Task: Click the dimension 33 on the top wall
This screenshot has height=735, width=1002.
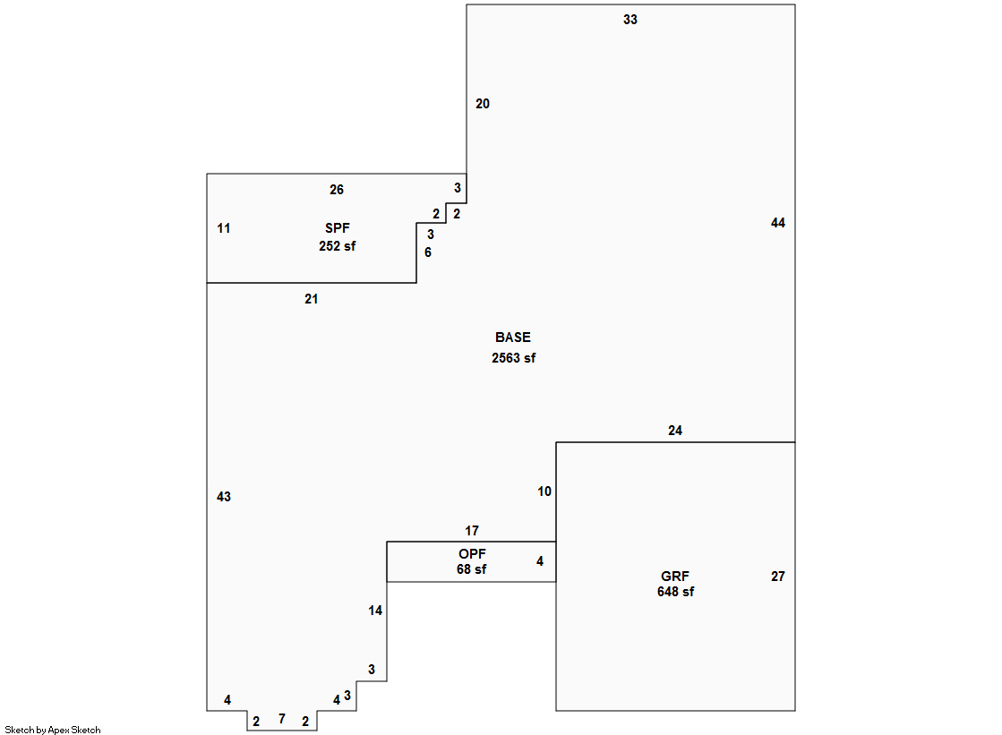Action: [630, 20]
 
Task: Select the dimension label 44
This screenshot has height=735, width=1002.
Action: [778, 223]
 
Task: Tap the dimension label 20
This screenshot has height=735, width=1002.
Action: [483, 104]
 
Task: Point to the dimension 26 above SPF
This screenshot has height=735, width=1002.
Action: [337, 190]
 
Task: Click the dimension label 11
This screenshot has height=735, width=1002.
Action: [224, 228]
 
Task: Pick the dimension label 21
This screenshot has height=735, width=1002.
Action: [312, 299]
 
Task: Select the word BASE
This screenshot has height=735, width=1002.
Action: [513, 338]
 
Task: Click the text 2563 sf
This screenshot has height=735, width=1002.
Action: [514, 358]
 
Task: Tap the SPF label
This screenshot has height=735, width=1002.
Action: [338, 228]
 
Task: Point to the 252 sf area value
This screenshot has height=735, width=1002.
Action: [338, 246]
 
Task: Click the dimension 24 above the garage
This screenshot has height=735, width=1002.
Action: [675, 431]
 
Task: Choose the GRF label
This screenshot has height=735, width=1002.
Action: [675, 577]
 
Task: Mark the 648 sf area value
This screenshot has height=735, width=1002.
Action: [675, 592]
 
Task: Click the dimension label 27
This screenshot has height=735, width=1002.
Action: [778, 577]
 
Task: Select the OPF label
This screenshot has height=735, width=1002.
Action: [472, 554]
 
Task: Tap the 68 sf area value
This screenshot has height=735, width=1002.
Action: [472, 569]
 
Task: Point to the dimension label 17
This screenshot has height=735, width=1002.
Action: [472, 531]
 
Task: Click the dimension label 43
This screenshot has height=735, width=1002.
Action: [224, 497]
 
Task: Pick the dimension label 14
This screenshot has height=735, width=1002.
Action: [375, 611]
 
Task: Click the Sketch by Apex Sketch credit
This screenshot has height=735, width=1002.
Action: [53, 730]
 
